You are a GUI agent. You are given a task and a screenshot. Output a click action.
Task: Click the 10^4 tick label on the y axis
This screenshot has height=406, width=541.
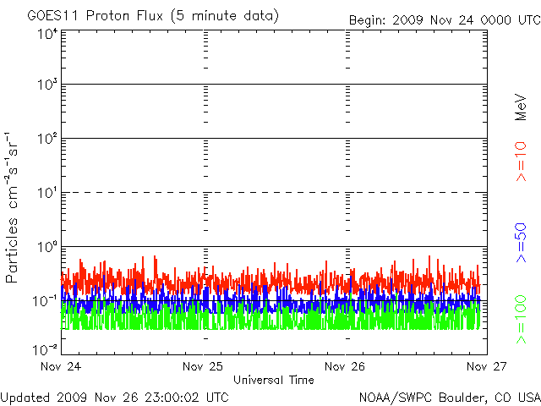coord(47,34)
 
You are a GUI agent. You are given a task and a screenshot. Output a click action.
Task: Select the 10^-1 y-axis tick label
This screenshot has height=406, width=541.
coord(46,300)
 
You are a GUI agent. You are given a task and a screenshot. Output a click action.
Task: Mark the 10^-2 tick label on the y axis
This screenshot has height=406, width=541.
coord(46,348)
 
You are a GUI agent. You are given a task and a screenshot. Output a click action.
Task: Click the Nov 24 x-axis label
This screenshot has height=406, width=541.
coord(61,367)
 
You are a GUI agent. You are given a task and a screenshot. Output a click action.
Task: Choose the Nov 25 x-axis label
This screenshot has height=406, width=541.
coord(204,367)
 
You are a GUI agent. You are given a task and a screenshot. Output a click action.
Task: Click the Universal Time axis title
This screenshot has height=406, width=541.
coord(274,380)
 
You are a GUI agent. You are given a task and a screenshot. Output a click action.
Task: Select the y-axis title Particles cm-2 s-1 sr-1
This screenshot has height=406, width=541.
coord(15,206)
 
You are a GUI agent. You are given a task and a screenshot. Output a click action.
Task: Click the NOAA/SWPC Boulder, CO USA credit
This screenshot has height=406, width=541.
coord(448,396)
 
